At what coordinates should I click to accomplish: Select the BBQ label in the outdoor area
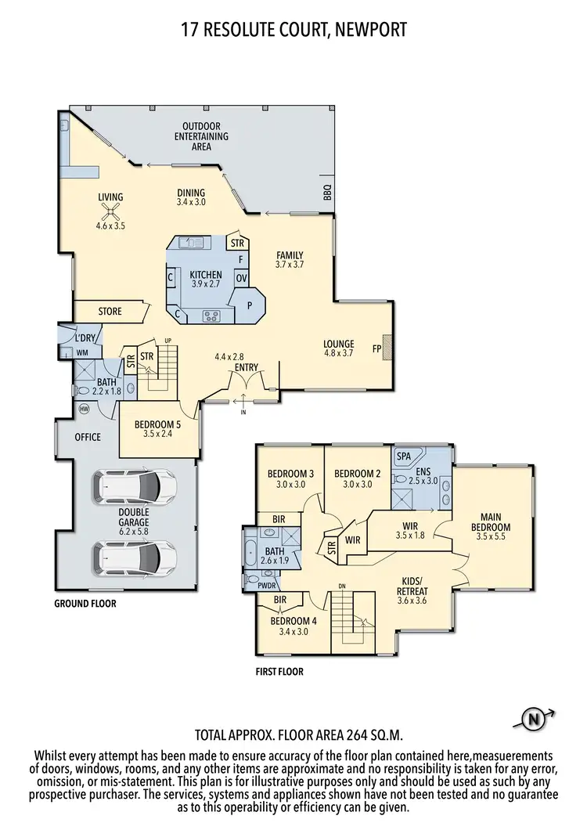[x=327, y=192]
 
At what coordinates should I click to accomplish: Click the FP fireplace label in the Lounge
[x=377, y=348]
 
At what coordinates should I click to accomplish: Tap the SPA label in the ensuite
[x=404, y=456]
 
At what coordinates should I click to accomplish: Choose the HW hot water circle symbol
[x=84, y=410]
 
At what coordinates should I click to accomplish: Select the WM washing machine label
[x=82, y=353]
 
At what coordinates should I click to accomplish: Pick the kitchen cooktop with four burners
[x=211, y=316]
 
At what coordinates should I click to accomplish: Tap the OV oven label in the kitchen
[x=242, y=277]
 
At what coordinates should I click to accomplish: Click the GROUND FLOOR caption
[x=85, y=604]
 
